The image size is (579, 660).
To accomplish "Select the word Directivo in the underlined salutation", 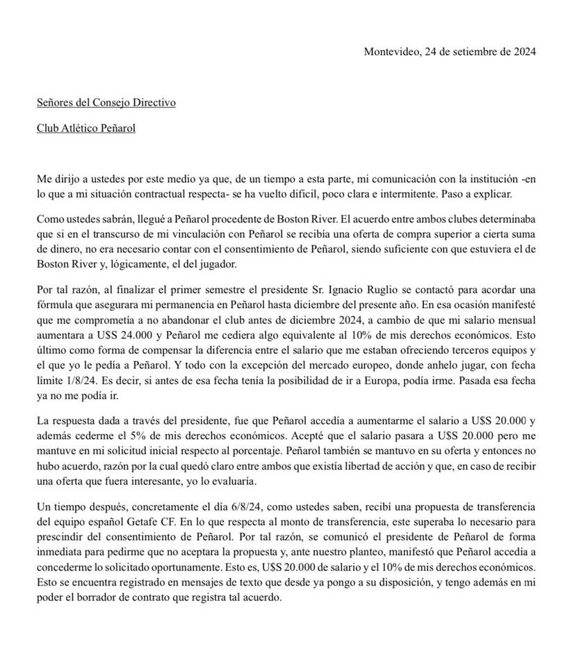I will (x=152, y=102).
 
